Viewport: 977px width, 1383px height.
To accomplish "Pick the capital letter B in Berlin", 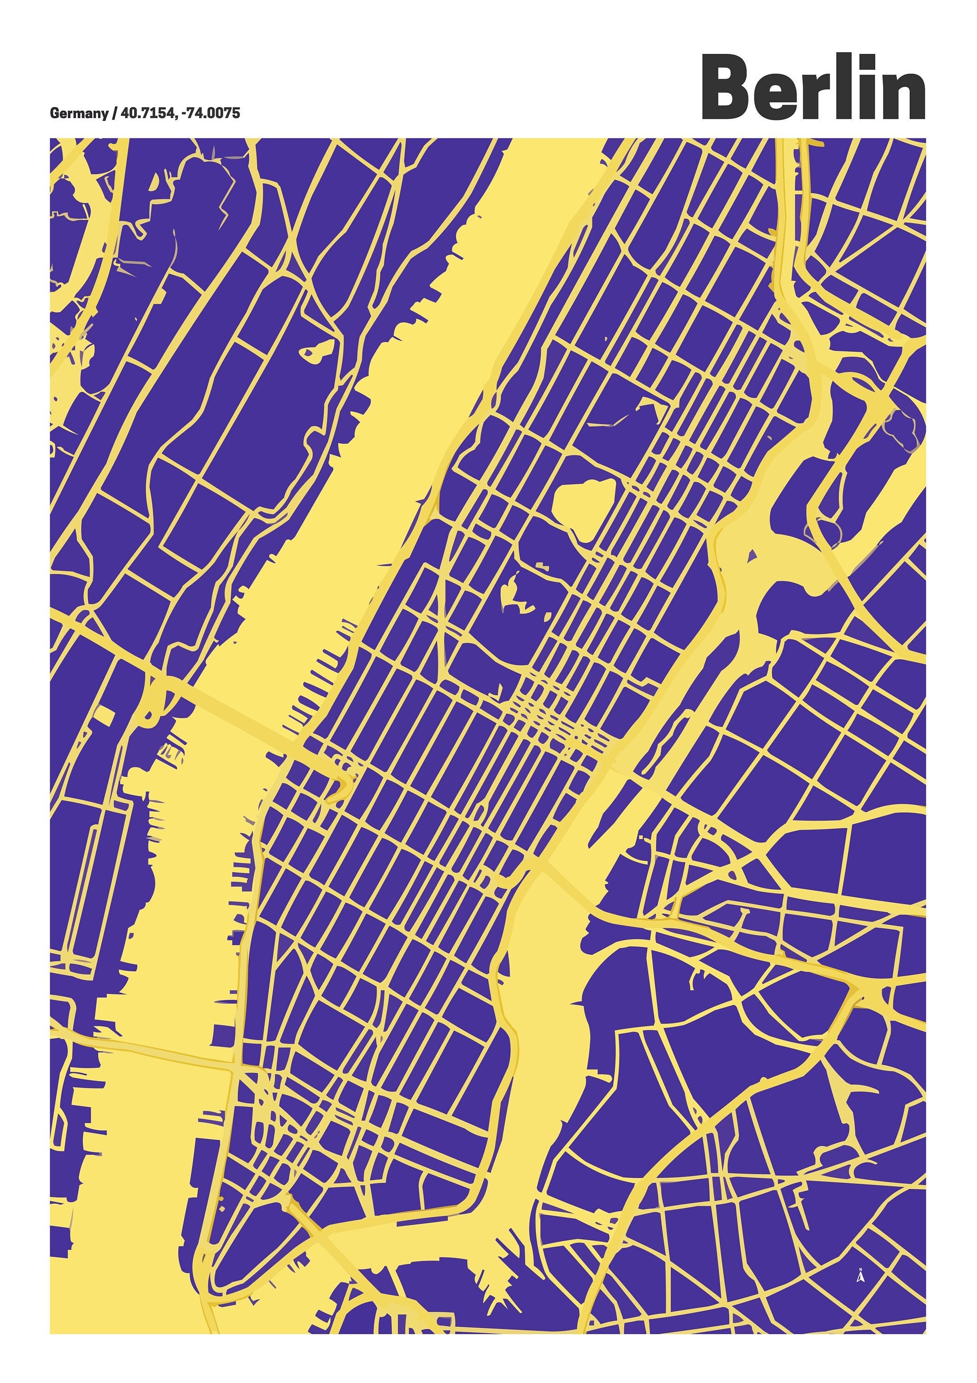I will [x=728, y=89].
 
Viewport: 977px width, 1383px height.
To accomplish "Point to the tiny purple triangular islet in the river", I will [x=751, y=556].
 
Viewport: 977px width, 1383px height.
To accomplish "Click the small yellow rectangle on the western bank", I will [x=104, y=715].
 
